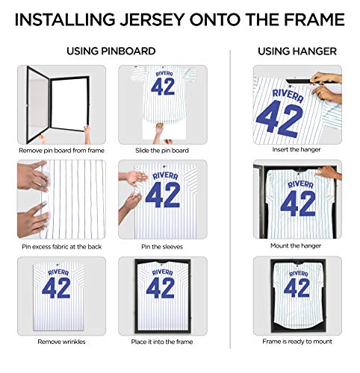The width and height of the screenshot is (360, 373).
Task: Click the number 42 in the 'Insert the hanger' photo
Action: [x=287, y=113]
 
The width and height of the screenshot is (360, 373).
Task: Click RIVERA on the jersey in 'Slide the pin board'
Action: [x=164, y=74]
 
